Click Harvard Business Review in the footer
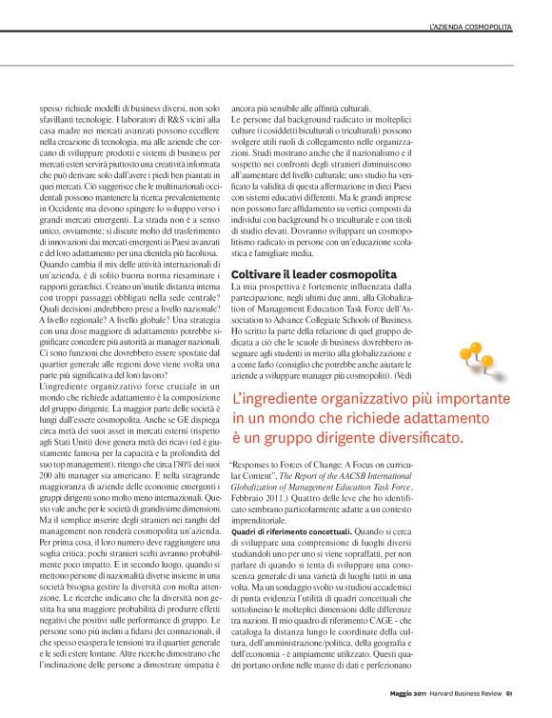pos(462,692)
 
